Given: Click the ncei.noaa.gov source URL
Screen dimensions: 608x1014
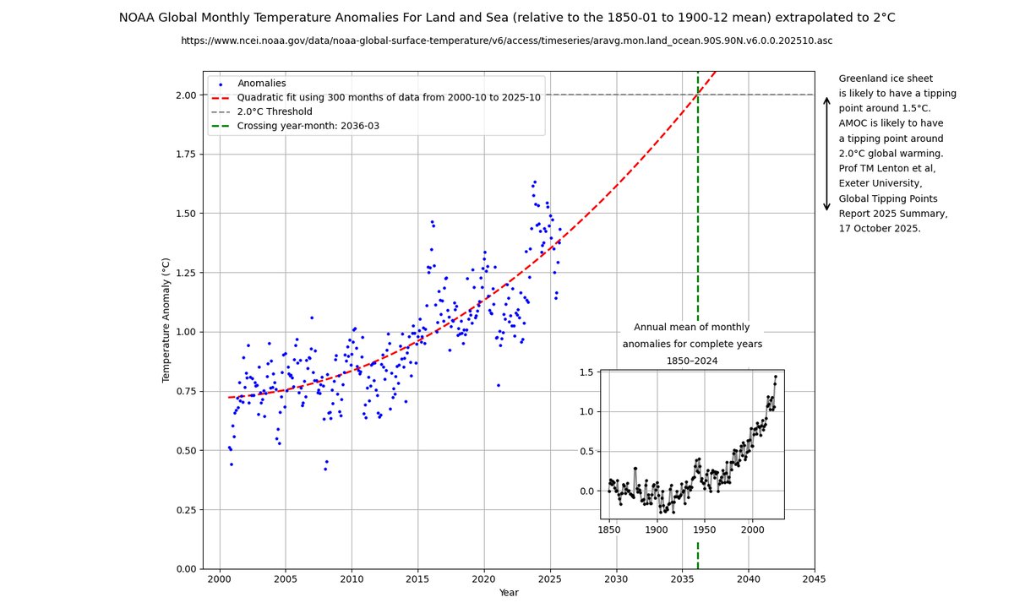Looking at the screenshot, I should (x=507, y=40).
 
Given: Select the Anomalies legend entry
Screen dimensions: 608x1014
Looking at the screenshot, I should (x=262, y=84).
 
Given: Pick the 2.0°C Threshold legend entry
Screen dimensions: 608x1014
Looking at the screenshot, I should (x=275, y=111).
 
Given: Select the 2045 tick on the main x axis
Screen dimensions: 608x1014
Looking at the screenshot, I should (x=814, y=579).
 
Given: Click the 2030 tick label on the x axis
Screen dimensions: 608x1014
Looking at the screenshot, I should (x=616, y=579).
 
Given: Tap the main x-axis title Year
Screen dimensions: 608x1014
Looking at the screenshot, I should (x=509, y=593).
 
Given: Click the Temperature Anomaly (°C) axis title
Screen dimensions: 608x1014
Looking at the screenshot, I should (x=166, y=321).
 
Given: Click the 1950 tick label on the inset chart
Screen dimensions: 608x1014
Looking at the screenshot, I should (x=705, y=529).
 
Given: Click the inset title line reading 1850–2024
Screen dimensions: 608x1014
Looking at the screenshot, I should (x=692, y=361).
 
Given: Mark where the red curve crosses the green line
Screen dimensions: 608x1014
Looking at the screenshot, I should (x=698, y=95).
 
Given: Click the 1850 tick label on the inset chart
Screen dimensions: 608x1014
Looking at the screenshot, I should (x=608, y=529).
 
